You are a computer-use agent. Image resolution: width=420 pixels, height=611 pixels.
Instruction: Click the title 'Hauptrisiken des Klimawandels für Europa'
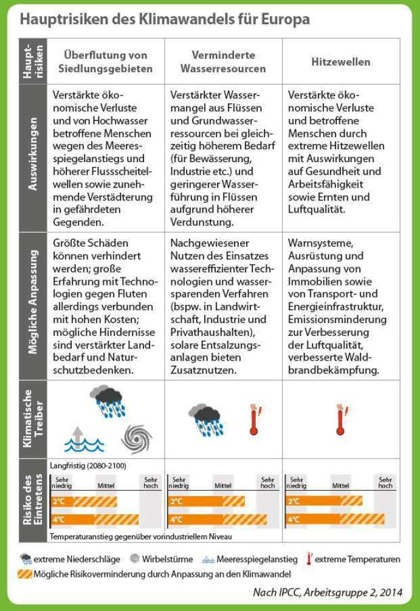point(165,19)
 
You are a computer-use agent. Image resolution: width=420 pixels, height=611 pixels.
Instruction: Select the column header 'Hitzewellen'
point(340,62)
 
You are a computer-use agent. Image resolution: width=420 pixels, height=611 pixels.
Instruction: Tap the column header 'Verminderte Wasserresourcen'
point(223,62)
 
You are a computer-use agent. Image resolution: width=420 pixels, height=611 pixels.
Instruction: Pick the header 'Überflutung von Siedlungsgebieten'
point(105,62)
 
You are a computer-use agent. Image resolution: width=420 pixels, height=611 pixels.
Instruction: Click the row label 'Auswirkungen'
point(32,157)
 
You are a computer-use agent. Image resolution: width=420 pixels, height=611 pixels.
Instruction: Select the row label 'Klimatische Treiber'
point(32,419)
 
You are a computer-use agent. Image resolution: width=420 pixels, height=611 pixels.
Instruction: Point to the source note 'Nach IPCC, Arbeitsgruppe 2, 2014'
point(327,593)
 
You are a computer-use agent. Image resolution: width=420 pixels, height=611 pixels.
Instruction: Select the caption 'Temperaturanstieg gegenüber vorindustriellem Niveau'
point(140,536)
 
